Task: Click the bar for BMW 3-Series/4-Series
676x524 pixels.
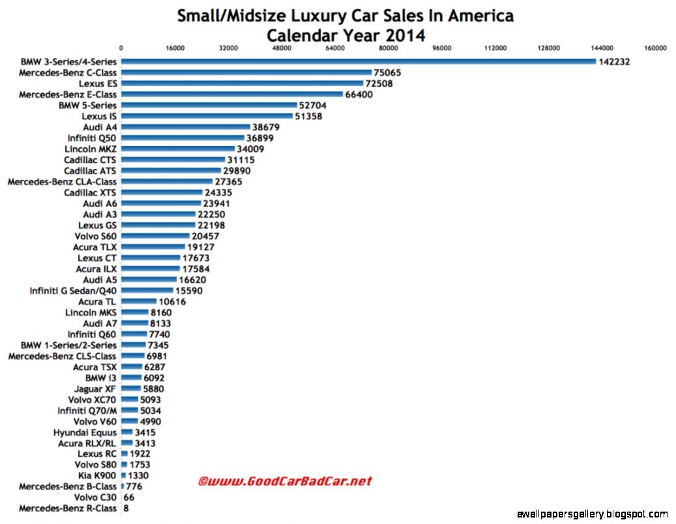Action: [359, 62]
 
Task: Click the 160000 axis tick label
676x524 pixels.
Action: [655, 48]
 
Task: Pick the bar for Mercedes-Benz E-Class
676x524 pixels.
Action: [232, 95]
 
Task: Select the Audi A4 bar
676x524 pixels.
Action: [186, 127]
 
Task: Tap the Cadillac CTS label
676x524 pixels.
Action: [90, 160]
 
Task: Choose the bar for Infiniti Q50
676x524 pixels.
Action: [183, 138]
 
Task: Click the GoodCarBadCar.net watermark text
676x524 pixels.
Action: [284, 482]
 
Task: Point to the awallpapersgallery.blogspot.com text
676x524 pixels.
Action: [592, 514]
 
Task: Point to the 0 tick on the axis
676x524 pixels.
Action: [121, 48]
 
